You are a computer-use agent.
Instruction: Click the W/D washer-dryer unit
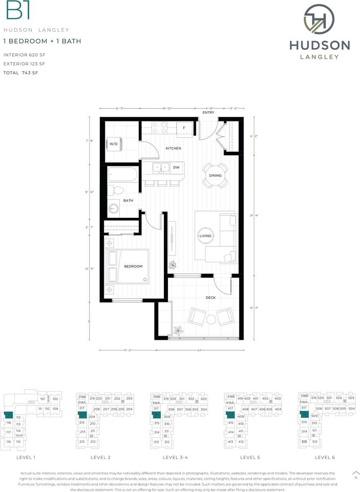[114, 144]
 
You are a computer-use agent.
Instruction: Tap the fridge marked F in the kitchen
[184, 128]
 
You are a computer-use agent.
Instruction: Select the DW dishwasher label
[176, 167]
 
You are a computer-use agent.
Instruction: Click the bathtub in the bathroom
[123, 176]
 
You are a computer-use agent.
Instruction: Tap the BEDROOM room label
[133, 266]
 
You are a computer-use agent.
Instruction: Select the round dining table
[215, 175]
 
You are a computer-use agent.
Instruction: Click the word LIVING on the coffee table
[206, 236]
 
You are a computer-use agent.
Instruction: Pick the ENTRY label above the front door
[208, 113]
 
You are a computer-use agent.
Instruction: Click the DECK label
[210, 297]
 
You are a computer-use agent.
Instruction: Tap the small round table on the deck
[210, 319]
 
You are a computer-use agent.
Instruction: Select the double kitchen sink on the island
[160, 167]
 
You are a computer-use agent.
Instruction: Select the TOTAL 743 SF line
[21, 73]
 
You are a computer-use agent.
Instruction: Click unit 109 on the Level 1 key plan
[55, 408]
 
